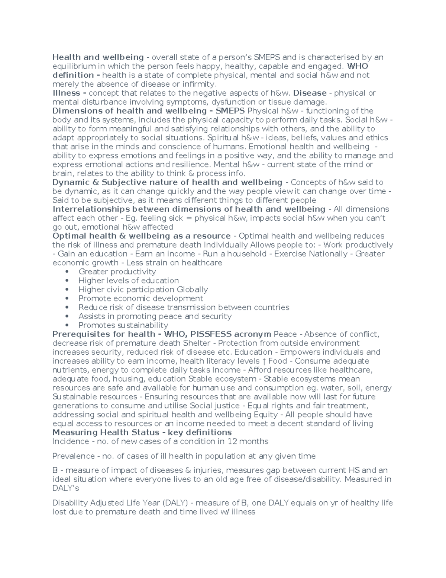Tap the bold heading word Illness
[66, 93]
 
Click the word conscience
[171, 147]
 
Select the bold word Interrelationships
[91, 209]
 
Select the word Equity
[265, 415]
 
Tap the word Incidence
[71, 441]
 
